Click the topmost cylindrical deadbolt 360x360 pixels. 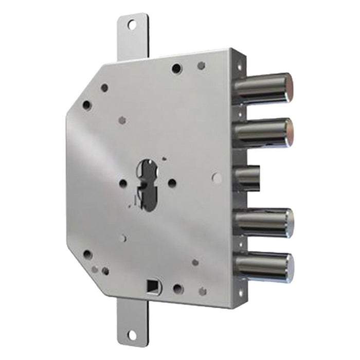(x=262, y=88)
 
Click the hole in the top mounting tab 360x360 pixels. (x=131, y=24)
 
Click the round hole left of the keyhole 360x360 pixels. (x=123, y=183)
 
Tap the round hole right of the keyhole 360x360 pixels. (x=172, y=183)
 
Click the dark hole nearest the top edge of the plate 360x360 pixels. (x=176, y=68)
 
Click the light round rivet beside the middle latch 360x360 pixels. (x=218, y=178)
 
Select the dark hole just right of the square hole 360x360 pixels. (x=177, y=289)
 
